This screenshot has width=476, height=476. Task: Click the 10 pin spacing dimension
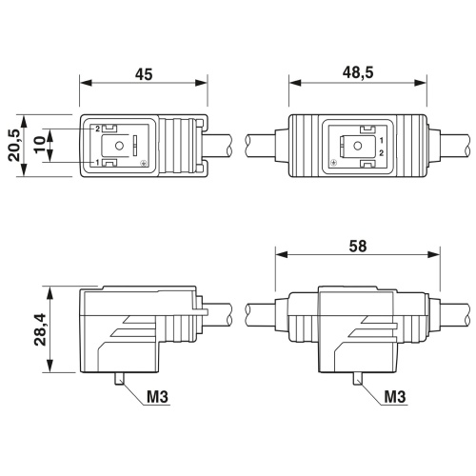pyautogui.click(x=39, y=146)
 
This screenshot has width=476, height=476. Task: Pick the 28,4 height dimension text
pyautogui.click(x=39, y=329)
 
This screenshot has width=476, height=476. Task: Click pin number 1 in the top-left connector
pyautogui.click(x=96, y=164)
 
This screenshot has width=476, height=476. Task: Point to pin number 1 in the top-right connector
pyautogui.click(x=381, y=140)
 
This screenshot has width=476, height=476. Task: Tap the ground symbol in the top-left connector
pyautogui.click(x=142, y=165)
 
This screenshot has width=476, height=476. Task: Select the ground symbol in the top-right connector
pyautogui.click(x=333, y=164)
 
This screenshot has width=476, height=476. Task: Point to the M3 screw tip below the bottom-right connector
pyautogui.click(x=357, y=380)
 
